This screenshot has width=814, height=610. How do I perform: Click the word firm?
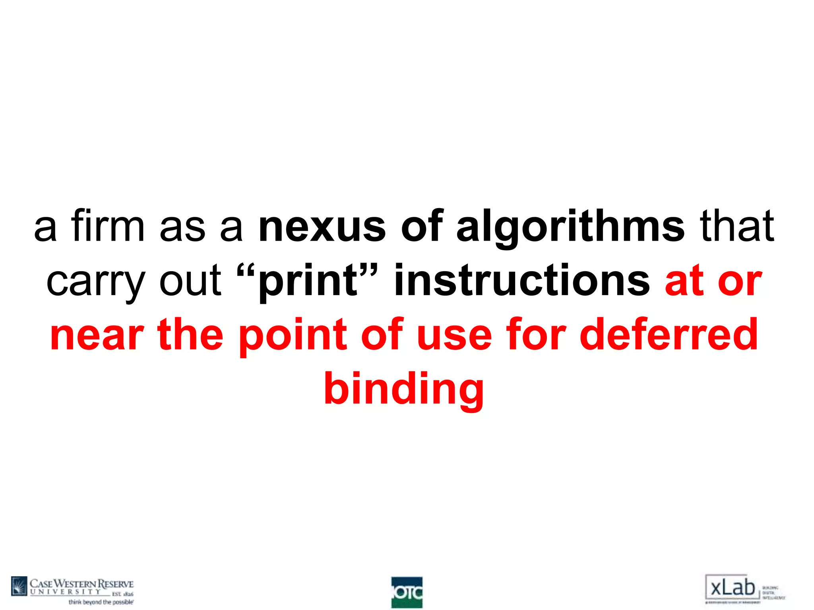[x=108, y=226]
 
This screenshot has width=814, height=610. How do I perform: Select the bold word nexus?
[x=322, y=226]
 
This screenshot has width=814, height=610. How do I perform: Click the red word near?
[x=97, y=336]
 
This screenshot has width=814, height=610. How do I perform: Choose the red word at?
[x=684, y=281]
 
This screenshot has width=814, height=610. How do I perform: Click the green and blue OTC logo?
[x=407, y=592]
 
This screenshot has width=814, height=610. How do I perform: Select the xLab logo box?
[x=732, y=588]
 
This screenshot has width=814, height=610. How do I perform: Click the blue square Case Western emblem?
[x=19, y=586]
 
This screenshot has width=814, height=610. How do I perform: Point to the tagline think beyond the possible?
[x=101, y=602]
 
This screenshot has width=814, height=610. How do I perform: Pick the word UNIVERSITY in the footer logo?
[x=66, y=592]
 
